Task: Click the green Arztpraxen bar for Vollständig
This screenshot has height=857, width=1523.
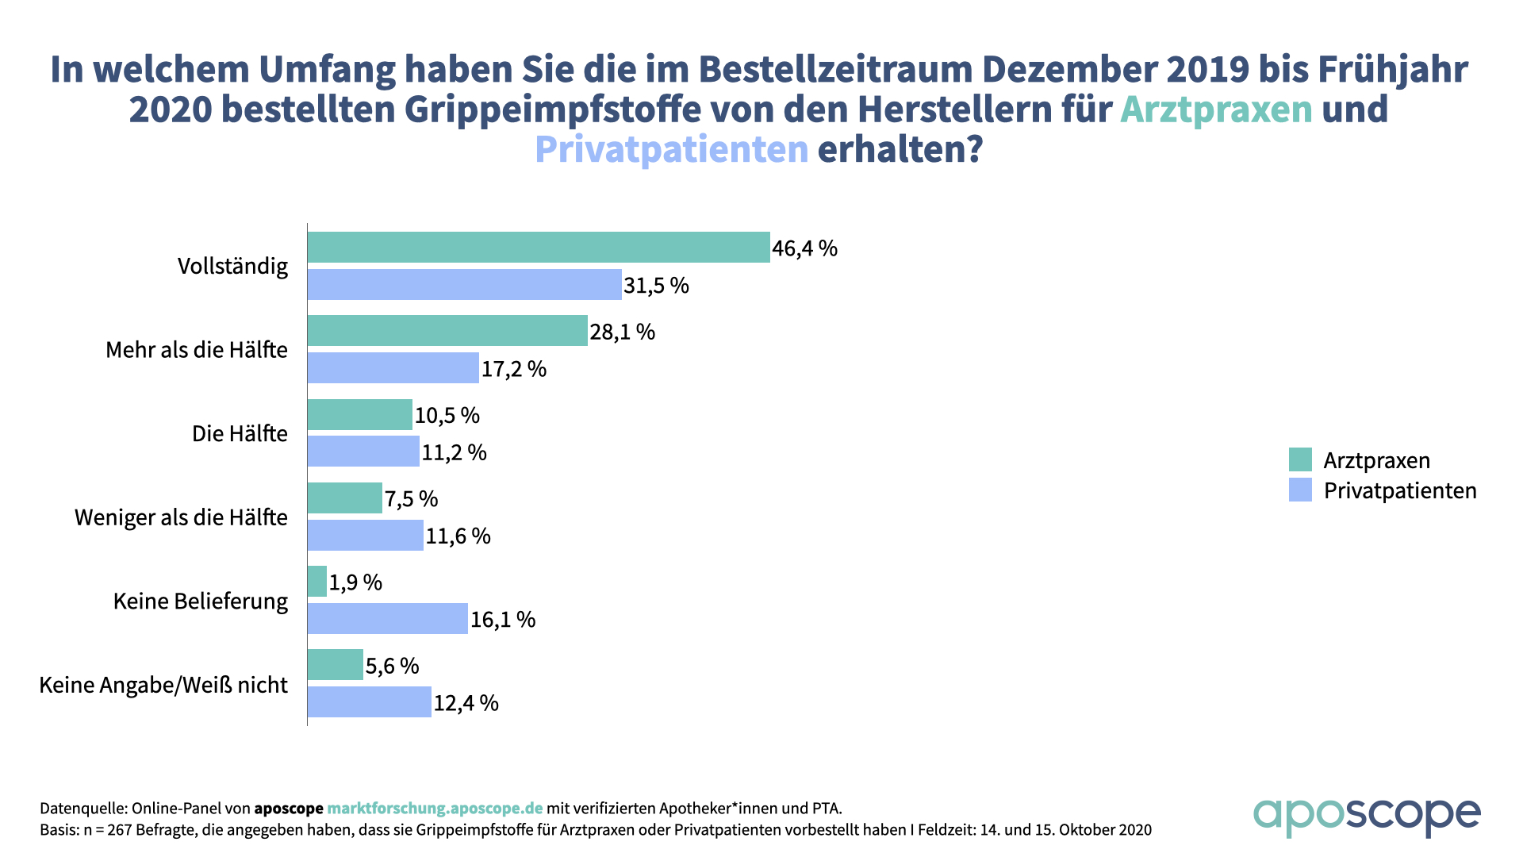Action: [539, 248]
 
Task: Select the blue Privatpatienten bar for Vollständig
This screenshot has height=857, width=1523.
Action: [464, 285]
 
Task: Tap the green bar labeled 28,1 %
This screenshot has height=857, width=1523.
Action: [447, 331]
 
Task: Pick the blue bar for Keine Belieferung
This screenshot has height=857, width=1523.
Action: [387, 619]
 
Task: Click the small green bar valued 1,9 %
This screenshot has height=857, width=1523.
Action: [317, 582]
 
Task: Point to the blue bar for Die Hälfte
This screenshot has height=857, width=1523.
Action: [363, 452]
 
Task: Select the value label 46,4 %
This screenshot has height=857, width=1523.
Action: [804, 248]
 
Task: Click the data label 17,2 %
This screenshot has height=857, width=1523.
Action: [513, 369]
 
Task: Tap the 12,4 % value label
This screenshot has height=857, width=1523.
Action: [466, 703]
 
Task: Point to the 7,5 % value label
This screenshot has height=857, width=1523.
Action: [411, 499]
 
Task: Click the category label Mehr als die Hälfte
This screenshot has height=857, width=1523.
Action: [197, 350]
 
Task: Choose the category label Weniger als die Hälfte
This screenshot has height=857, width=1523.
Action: [181, 517]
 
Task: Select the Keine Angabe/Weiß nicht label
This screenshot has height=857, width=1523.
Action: [163, 685]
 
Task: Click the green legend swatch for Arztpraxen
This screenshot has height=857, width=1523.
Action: [1300, 460]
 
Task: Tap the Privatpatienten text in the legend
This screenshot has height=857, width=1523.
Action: [1400, 490]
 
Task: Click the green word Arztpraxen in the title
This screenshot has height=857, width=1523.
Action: [1216, 110]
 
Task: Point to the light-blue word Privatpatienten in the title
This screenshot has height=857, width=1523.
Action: [671, 149]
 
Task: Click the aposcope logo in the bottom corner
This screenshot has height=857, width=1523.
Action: [1367, 816]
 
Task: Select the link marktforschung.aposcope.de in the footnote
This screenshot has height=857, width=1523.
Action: [435, 809]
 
